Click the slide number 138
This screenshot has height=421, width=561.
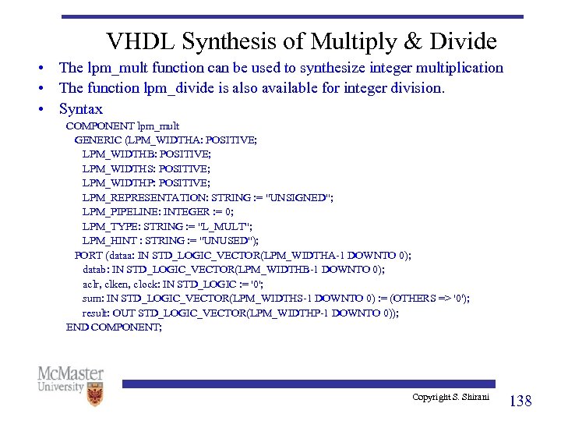520,401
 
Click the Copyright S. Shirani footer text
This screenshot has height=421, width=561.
451,398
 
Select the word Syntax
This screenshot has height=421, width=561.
80,109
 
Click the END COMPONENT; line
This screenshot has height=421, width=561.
114,327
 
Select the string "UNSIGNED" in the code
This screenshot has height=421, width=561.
299,197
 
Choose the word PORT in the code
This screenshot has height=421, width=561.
88,255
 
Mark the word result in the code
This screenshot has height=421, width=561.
97,313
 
